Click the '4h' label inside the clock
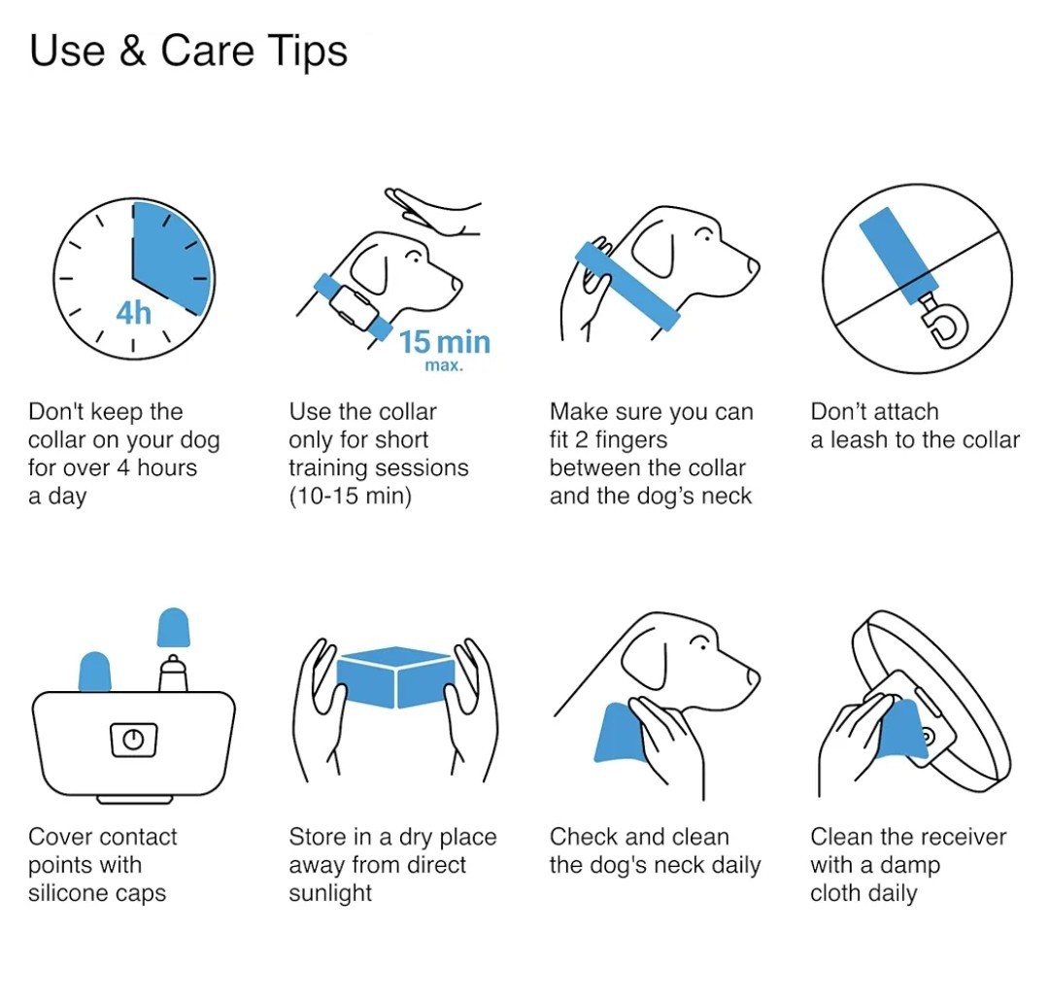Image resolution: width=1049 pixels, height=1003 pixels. point(134,313)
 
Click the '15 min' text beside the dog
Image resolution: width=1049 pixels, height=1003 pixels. point(445,342)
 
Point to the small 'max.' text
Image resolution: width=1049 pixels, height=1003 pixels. point(444,365)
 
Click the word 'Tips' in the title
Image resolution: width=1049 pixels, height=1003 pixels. point(309,52)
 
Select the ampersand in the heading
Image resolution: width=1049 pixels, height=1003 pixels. point(132,51)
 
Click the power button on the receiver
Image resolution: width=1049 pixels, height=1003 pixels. point(134,740)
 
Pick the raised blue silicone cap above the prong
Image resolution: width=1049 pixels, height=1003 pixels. point(173,628)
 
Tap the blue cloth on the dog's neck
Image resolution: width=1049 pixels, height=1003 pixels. point(619,733)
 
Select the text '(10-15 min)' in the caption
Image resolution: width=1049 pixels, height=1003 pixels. point(350,496)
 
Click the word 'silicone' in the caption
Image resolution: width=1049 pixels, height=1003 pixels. point(65,892)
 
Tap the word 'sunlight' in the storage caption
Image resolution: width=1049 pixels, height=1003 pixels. point(330,893)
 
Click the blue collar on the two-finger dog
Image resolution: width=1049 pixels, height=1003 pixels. point(627,286)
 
